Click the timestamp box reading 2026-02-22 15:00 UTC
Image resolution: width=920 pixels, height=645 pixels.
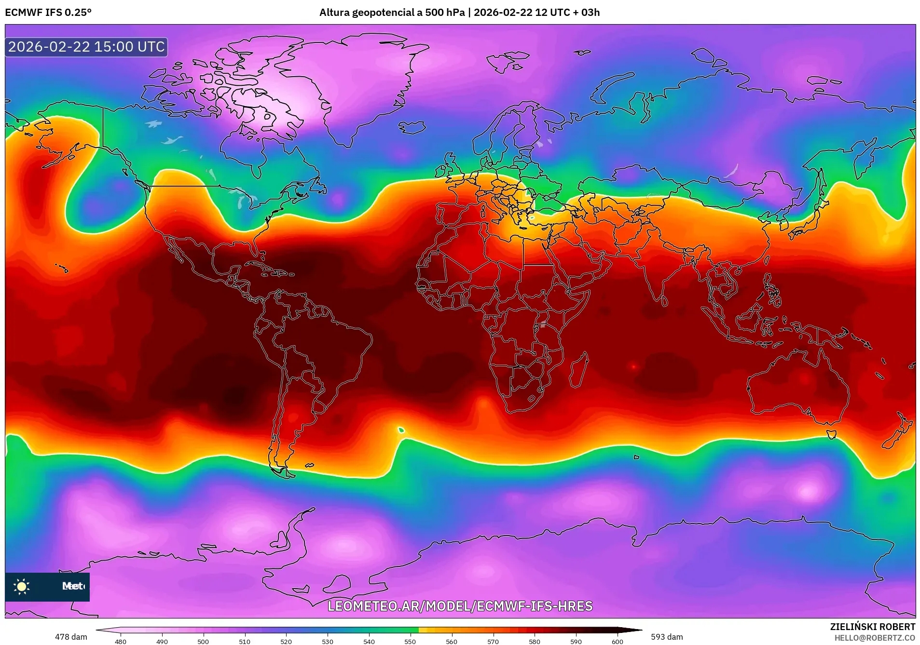tap(86, 47)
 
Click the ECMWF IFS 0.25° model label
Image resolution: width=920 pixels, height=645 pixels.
tap(48, 12)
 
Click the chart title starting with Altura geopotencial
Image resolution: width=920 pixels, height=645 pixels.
tap(459, 12)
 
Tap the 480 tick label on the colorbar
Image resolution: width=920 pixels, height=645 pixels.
tap(121, 641)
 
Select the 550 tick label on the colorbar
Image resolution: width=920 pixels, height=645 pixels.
tap(410, 641)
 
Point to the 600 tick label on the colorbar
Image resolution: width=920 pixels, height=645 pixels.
tap(617, 641)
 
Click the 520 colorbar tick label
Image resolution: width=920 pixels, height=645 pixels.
tap(286, 641)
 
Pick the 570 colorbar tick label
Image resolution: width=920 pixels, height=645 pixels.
tap(493, 641)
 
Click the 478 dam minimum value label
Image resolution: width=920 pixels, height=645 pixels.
tap(71, 637)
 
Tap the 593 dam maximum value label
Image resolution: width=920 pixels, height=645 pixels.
tap(667, 637)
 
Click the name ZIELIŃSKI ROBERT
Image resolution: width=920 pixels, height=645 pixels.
tap(872, 627)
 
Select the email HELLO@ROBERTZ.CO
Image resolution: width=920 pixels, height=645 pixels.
tap(875, 638)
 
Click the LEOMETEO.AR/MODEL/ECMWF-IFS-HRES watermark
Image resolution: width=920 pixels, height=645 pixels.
tap(460, 606)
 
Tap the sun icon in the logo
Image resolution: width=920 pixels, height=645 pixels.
tap(22, 586)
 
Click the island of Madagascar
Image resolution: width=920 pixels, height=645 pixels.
tap(579, 370)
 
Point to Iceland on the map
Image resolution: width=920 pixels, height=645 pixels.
tap(411, 127)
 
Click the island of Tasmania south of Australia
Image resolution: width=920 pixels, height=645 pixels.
tap(831, 434)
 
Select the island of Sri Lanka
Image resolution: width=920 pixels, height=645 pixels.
tap(664, 301)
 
